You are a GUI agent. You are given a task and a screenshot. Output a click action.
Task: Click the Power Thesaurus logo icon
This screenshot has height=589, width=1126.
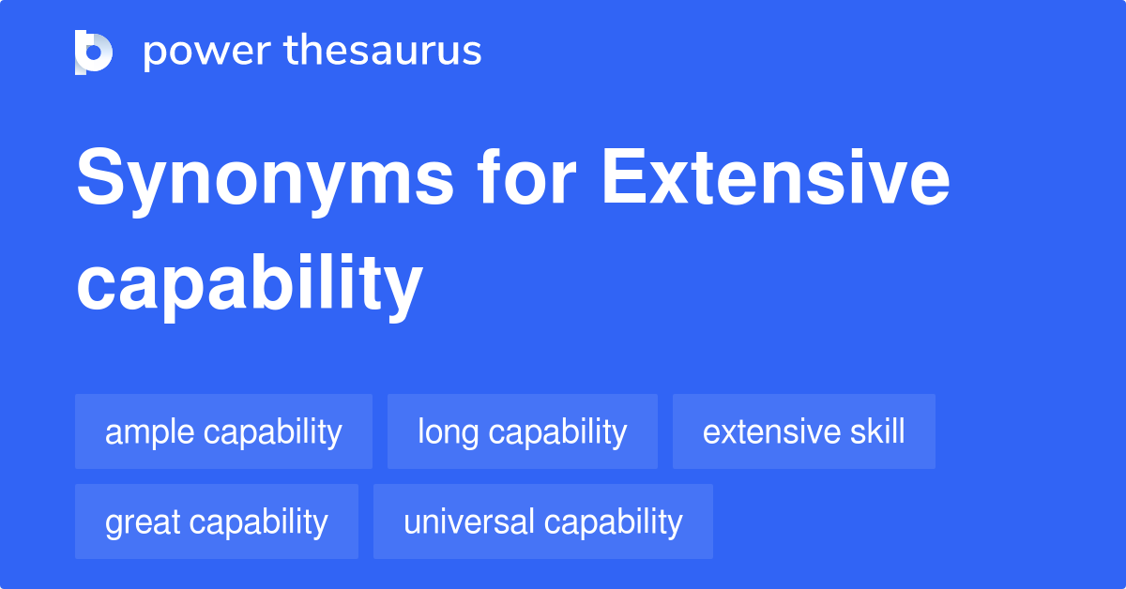point(94,52)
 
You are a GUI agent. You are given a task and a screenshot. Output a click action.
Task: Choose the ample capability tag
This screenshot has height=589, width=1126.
point(223,431)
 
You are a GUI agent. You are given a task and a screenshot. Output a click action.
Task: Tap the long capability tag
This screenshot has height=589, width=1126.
point(523,431)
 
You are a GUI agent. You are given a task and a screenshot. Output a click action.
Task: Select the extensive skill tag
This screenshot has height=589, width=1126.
point(804,431)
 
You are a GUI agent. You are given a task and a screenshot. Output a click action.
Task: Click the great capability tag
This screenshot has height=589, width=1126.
point(217,521)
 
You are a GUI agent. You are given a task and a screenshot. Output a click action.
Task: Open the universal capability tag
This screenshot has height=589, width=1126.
point(543,521)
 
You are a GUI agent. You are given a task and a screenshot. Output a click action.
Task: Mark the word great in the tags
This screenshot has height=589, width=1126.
point(144,522)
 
